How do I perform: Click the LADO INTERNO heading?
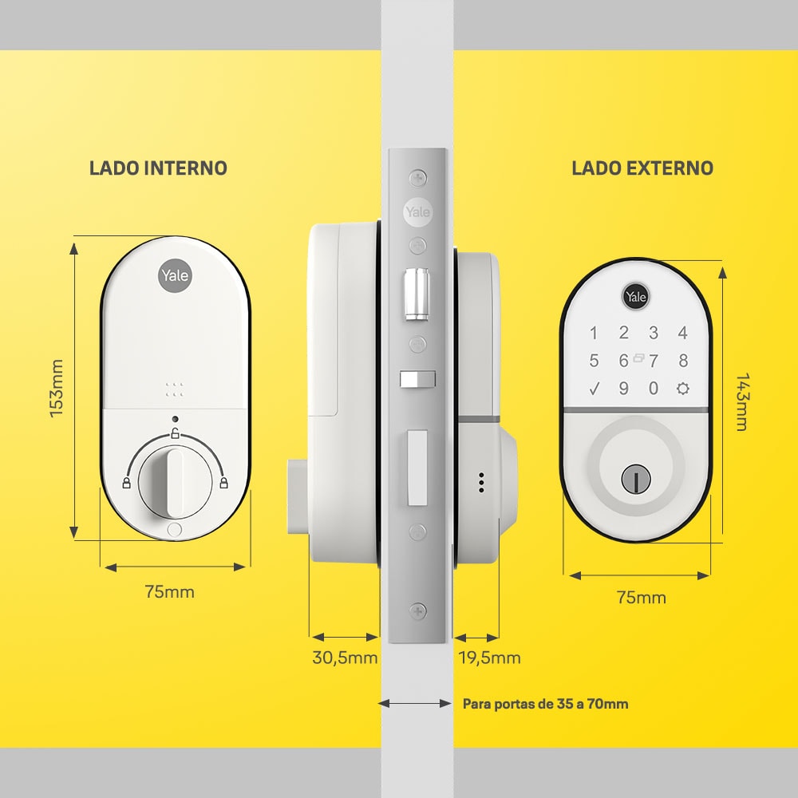click(158, 168)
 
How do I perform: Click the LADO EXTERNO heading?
click(642, 168)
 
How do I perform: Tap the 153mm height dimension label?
click(57, 389)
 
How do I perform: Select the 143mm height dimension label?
click(742, 402)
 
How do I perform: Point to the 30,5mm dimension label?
click(345, 658)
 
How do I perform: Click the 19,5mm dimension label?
click(490, 658)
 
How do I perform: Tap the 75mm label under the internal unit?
click(169, 592)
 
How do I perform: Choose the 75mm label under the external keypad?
click(642, 597)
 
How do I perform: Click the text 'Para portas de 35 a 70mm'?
click(545, 704)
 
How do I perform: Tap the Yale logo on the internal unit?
click(175, 275)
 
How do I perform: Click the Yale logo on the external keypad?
click(636, 297)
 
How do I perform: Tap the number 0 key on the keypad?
click(654, 389)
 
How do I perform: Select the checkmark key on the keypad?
click(594, 389)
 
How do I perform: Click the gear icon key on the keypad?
click(683, 389)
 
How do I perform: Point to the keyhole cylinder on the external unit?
click(636, 479)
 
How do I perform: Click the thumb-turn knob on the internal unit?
click(175, 483)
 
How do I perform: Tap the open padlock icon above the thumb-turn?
click(175, 433)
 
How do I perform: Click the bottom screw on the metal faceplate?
click(418, 610)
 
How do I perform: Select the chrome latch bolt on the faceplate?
click(417, 295)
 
